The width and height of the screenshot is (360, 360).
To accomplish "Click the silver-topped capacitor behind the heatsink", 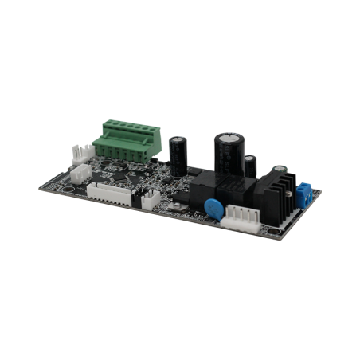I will click(280, 170).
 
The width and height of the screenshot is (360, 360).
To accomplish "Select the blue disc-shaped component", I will click(213, 207).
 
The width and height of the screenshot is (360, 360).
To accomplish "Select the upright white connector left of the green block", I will click(76, 152).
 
